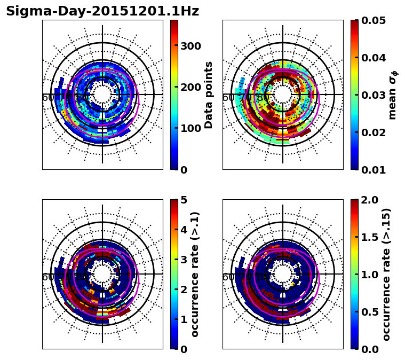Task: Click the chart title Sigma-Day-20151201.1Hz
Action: coord(102,11)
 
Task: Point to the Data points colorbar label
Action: coord(209,95)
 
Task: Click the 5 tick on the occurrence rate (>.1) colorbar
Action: coord(184,200)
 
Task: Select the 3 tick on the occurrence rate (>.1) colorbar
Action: coord(184,260)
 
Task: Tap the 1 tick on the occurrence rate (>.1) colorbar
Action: coord(184,319)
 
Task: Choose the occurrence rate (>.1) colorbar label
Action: coord(195,274)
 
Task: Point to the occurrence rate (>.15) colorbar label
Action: coord(386,274)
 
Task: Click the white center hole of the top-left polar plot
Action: coord(102,95)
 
